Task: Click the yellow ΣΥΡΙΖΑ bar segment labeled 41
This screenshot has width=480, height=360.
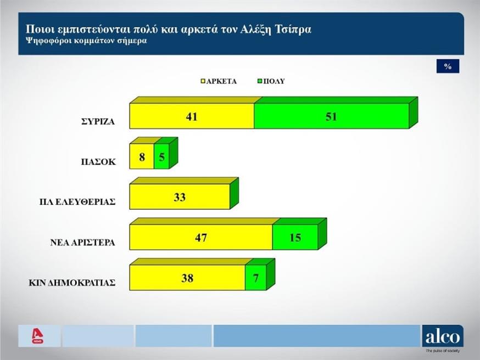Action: [192, 116]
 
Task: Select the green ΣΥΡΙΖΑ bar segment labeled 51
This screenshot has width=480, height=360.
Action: [331, 116]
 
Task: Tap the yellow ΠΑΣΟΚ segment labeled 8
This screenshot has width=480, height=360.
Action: [141, 156]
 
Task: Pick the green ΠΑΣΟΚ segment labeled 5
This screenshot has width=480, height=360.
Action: [161, 156]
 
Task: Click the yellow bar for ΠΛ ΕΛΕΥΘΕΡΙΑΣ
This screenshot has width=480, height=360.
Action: [180, 196]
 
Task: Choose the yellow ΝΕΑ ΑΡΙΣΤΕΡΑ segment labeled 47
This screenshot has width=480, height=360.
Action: [200, 237]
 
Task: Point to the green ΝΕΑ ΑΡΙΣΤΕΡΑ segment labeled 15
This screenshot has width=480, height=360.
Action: [295, 237]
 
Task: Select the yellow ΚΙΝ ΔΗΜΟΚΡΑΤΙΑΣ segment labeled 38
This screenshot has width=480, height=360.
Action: [187, 278]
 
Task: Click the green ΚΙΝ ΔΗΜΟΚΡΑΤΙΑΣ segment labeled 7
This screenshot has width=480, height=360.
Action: [255, 278]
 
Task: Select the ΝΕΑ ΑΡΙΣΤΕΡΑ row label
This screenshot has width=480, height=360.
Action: [82, 243]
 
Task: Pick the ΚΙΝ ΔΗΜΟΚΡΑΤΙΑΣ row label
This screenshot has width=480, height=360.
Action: [72, 283]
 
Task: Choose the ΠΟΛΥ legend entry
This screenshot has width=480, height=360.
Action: [271, 81]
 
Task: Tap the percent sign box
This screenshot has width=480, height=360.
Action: [448, 66]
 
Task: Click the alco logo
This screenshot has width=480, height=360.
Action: [442, 336]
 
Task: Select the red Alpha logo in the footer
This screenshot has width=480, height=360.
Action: [37, 336]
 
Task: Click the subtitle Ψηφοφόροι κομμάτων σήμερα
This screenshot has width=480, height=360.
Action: [86, 41]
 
